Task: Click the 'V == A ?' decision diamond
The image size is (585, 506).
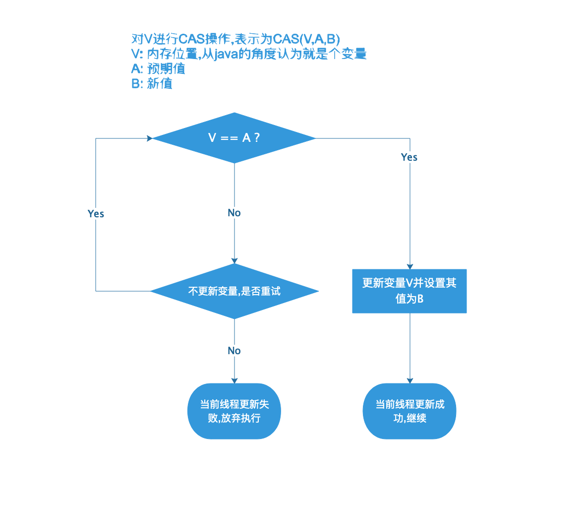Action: click(x=234, y=138)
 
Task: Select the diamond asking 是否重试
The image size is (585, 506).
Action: click(x=234, y=291)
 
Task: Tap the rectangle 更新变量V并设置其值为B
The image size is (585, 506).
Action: click(x=409, y=291)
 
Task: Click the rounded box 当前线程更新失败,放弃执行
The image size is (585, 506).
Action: click(x=234, y=411)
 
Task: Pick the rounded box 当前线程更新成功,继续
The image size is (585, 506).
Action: click(x=409, y=411)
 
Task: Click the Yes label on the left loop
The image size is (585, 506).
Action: click(x=96, y=213)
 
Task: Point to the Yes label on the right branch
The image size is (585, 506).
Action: click(x=409, y=157)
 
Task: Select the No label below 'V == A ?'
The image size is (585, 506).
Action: click(x=234, y=213)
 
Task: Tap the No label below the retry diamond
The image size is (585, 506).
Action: click(x=234, y=351)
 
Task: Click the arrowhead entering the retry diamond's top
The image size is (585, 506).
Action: click(x=234, y=261)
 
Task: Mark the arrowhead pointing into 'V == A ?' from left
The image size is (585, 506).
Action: click(x=149, y=138)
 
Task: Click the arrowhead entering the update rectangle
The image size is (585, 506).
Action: click(x=410, y=266)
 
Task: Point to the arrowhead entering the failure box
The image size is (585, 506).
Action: click(x=234, y=380)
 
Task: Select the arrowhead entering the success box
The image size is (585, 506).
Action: click(x=410, y=380)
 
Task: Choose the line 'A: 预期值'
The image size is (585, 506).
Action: click(x=158, y=68)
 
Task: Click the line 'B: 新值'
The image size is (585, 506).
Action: click(x=152, y=83)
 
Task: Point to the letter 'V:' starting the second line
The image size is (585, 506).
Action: click(x=137, y=54)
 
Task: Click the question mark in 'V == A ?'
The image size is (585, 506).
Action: click(x=256, y=138)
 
